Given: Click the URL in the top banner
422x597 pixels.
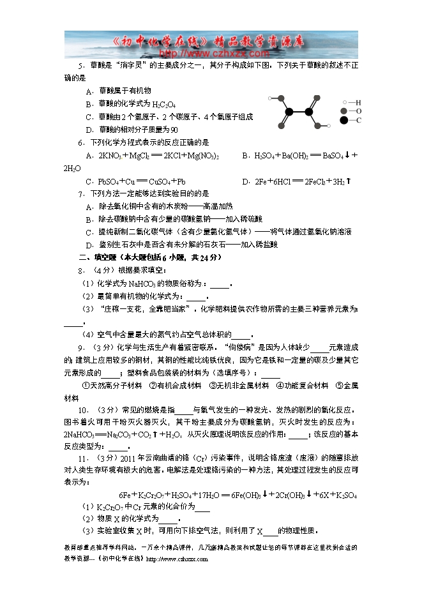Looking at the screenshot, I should click(211, 53).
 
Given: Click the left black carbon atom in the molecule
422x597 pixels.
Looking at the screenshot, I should click(289, 112).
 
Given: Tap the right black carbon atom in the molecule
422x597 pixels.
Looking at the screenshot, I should click(308, 112).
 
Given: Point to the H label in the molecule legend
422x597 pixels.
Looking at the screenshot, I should click(359, 102).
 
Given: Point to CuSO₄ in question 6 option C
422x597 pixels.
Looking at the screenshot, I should click(153, 181).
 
